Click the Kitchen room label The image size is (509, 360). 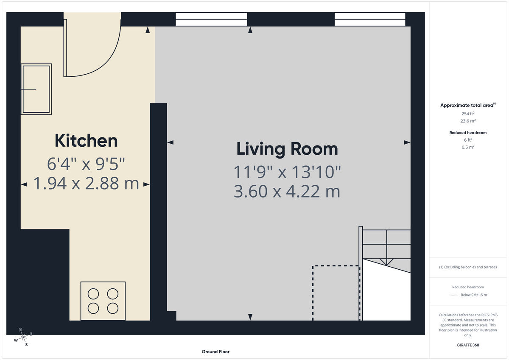tap(86, 141)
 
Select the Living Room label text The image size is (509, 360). tap(287, 149)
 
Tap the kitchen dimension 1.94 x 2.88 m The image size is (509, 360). tap(86, 184)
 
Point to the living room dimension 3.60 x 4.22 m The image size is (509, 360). tap(287, 192)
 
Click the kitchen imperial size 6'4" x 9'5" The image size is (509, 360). tap(86, 163)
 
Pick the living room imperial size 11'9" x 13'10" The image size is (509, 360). tap(287, 172)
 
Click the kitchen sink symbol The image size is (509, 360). tap(36, 89)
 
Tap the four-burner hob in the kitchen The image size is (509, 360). tap(103, 301)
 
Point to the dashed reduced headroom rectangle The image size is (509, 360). tap(336, 293)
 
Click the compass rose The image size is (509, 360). tap(24, 337)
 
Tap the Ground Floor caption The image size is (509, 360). tap(215, 352)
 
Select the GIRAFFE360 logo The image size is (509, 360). tap(468, 345)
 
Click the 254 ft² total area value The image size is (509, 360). tap(468, 114)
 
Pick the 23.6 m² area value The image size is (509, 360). tap(468, 121)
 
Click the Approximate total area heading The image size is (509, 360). tap(467, 105)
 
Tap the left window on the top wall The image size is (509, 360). tap(211, 20)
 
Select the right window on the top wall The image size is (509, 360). tap(370, 20)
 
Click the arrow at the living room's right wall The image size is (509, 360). tap(407, 143)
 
